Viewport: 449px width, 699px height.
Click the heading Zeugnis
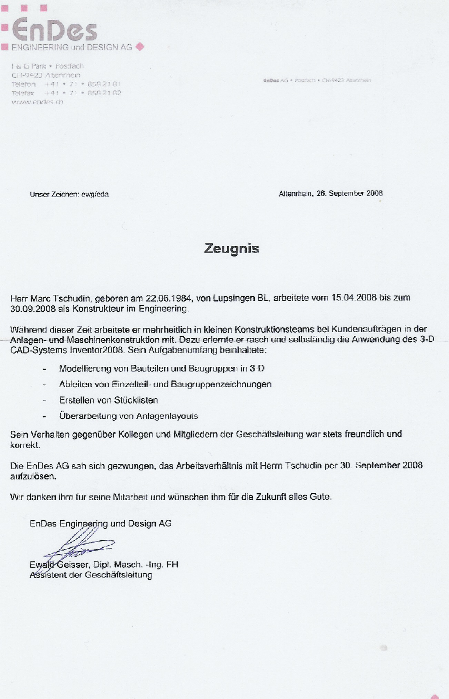click(231, 248)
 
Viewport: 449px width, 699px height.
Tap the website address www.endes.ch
click(38, 102)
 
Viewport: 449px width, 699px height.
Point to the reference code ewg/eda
click(95, 194)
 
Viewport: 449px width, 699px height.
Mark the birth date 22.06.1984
click(168, 298)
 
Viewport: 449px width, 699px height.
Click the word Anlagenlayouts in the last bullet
click(167, 416)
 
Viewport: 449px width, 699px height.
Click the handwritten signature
click(79, 544)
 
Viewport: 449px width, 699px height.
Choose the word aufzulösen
click(33, 476)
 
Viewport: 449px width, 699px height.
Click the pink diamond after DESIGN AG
click(140, 46)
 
